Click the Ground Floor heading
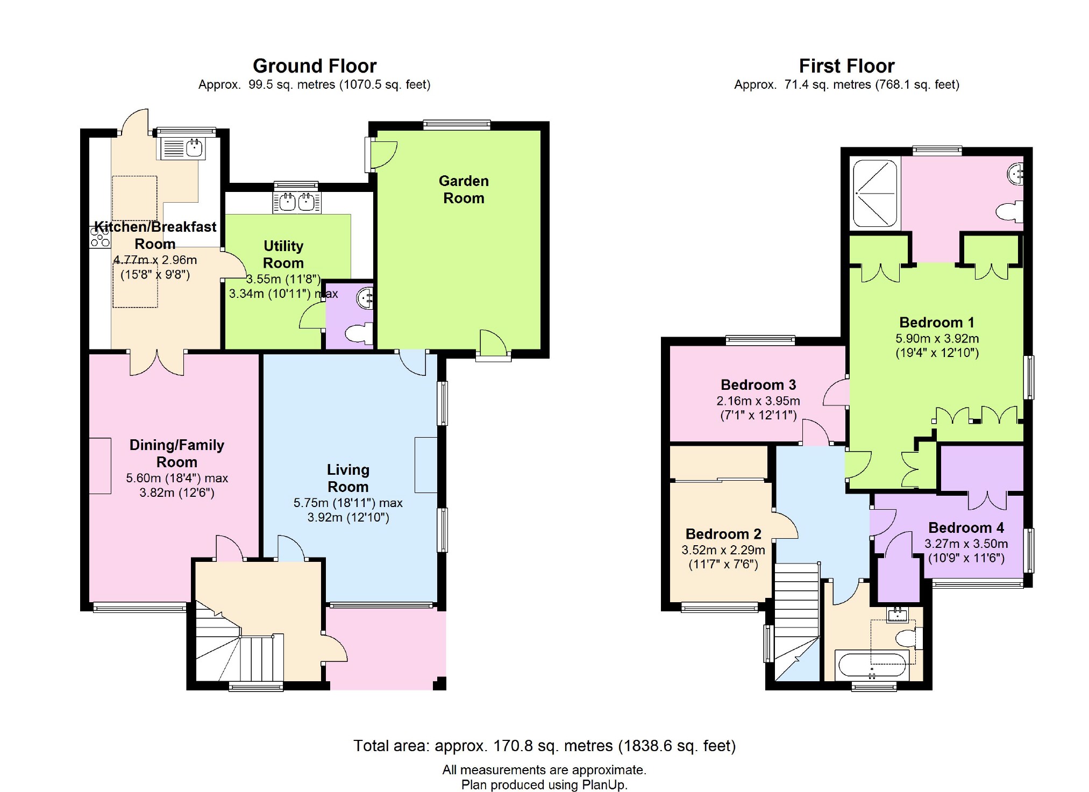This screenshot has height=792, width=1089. (315, 66)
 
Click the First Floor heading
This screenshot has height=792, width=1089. (846, 66)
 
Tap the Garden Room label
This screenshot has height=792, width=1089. (464, 189)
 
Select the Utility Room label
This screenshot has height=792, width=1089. (283, 254)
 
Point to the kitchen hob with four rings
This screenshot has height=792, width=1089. (100, 237)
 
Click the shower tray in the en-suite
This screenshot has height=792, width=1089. (875, 192)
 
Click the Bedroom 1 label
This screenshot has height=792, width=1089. (937, 322)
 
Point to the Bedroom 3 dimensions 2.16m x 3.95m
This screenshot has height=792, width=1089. (758, 401)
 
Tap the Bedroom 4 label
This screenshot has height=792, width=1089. (966, 527)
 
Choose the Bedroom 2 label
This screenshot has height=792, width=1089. (723, 534)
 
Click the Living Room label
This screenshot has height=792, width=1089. (348, 478)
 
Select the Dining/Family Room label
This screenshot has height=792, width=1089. (177, 453)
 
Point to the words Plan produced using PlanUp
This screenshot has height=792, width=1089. (544, 785)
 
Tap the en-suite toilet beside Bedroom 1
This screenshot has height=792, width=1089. (1009, 211)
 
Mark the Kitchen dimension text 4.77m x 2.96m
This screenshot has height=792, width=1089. (155, 260)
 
